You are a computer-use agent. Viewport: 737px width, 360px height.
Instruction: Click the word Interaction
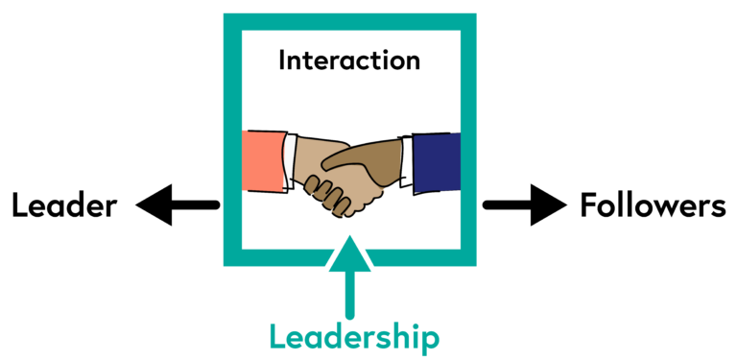coord(349,60)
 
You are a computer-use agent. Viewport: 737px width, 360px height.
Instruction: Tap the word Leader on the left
coord(64,204)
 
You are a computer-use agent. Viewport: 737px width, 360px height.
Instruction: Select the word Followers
coord(653,204)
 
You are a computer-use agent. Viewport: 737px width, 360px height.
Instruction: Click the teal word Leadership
coord(354,336)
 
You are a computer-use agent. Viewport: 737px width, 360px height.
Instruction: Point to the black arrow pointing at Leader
coord(178,204)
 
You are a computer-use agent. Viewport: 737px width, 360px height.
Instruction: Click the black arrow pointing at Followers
coord(524,204)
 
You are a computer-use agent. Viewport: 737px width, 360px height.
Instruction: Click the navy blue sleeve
coord(438,162)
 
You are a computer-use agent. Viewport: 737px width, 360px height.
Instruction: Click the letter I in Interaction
coord(282,60)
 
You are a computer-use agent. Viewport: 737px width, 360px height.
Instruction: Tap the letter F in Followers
coord(588,204)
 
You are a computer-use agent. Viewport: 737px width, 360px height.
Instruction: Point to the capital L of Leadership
coord(277,336)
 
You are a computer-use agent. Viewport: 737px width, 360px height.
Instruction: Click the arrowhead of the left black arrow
coord(155,204)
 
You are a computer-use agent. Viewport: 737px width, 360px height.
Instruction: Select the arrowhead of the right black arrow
coord(549,204)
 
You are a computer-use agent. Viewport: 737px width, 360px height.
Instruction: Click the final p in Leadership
coord(429,340)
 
